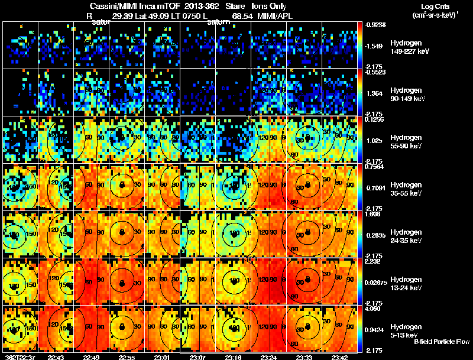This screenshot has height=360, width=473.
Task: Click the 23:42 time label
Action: pos(339,356)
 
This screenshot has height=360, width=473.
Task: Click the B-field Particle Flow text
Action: pos(441,342)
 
